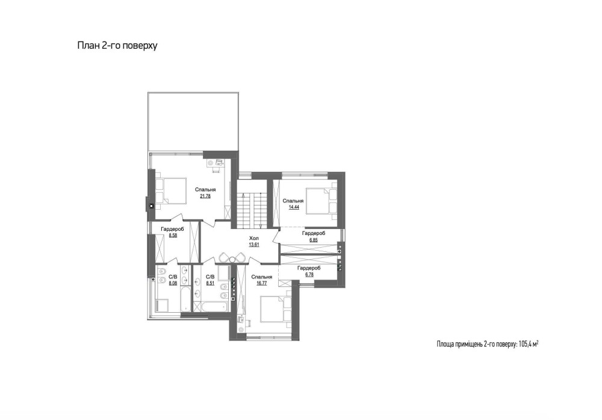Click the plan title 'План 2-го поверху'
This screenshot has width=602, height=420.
pyautogui.click(x=117, y=46)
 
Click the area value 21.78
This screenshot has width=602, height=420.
pyautogui.click(x=205, y=196)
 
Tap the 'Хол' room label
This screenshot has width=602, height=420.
pyautogui.click(x=254, y=238)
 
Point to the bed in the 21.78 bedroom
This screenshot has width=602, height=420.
pyautogui.click(x=170, y=190)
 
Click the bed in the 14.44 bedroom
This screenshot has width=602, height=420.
pyautogui.click(x=321, y=201)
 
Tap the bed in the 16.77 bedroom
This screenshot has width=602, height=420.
pyautogui.click(x=275, y=309)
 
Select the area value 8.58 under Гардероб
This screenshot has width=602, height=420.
pyautogui.click(x=173, y=236)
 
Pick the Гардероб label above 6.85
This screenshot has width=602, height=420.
pyautogui.click(x=314, y=233)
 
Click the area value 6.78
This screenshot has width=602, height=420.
pyautogui.click(x=309, y=274)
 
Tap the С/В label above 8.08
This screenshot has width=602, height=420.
pyautogui.click(x=173, y=277)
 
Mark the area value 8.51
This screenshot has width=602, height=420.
pyautogui.click(x=210, y=283)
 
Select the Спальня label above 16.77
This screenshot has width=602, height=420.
pyautogui.click(x=262, y=277)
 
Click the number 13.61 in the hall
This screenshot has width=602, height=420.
pyautogui.click(x=254, y=245)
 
